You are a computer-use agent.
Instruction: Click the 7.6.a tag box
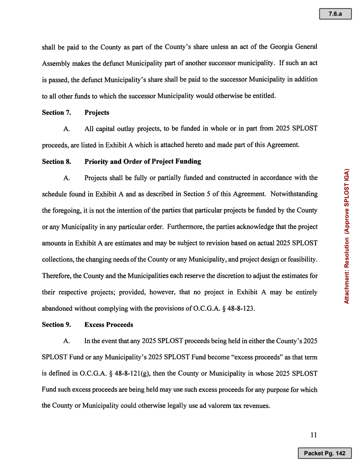[335, 14]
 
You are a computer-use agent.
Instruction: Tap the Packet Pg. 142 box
[324, 453]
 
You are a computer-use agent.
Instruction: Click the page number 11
[314, 435]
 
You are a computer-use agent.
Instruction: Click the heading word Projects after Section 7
[97, 113]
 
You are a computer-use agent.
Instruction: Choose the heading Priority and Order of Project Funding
[143, 161]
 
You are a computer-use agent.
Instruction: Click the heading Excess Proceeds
[108, 324]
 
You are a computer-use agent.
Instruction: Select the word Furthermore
[183, 227]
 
